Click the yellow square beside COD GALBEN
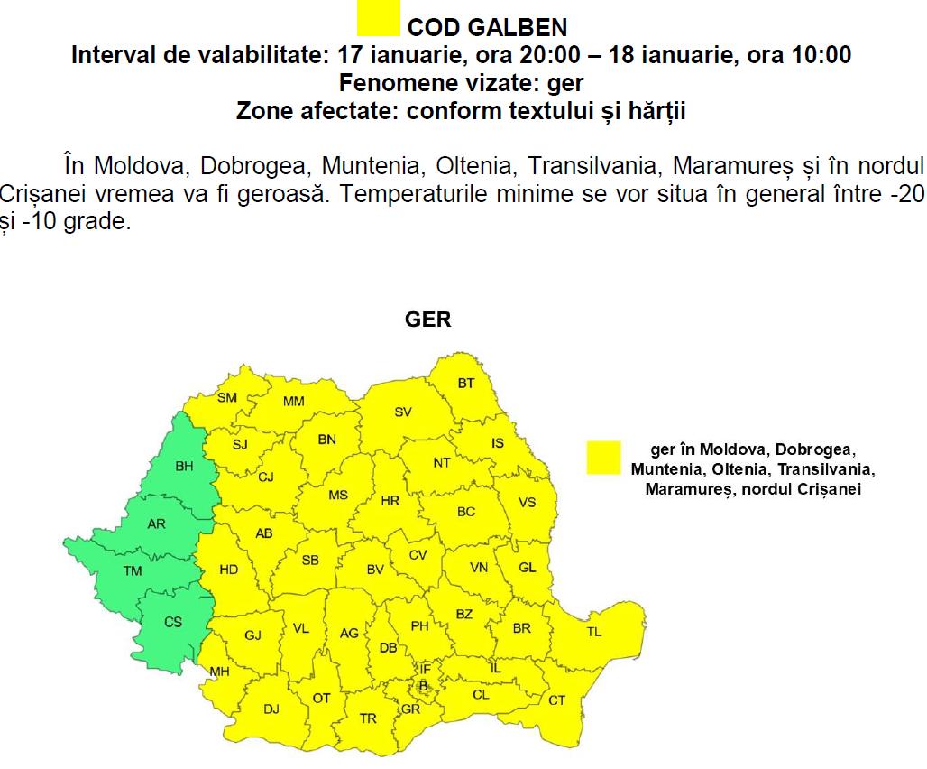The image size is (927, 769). point(379,21)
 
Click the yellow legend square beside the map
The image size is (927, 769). point(602,457)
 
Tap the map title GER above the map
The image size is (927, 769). point(428,320)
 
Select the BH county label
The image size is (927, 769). point(184,467)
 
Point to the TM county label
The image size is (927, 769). point(133,570)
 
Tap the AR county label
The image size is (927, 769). point(156,523)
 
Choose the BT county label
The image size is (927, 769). point(465,384)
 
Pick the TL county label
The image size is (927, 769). point(593,632)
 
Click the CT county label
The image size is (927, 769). point(557,700)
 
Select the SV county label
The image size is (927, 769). point(403,412)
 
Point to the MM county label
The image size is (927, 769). point(294,402)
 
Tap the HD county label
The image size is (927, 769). point(229,570)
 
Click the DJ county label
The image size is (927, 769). point(271,709)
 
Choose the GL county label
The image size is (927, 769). point(528,568)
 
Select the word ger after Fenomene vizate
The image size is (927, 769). point(566,84)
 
